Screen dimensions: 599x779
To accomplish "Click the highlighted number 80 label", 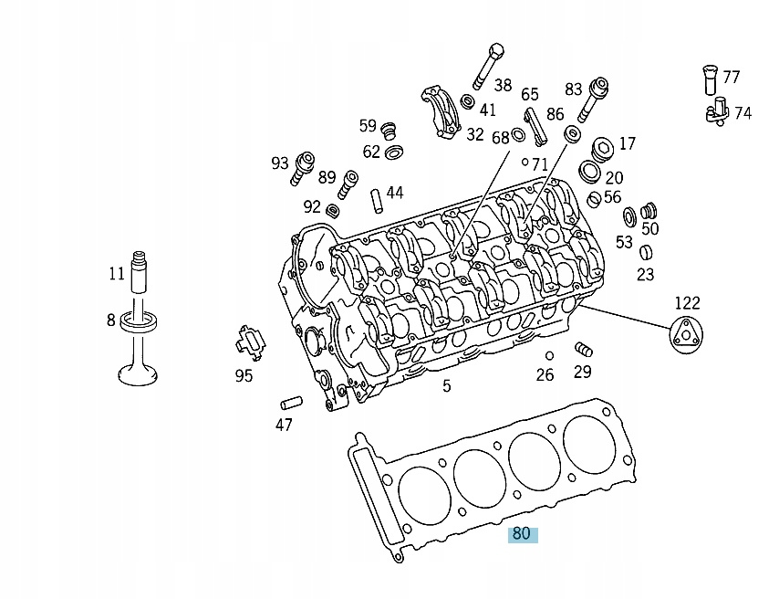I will click(x=523, y=534).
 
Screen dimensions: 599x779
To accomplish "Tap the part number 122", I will click(x=687, y=303).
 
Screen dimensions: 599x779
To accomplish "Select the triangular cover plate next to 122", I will click(x=685, y=336).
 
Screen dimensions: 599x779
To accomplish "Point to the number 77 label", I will click(x=731, y=78).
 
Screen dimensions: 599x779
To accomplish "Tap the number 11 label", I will click(x=116, y=273).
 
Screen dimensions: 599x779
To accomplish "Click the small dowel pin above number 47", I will click(x=290, y=401).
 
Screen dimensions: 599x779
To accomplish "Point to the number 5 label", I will click(x=446, y=386).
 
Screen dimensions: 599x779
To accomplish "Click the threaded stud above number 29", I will click(x=584, y=350).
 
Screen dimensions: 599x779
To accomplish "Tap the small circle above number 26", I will click(x=549, y=355).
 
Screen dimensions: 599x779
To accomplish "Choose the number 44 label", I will click(x=394, y=193).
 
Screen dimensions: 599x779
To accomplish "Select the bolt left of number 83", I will click(x=594, y=98).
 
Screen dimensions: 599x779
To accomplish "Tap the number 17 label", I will click(x=627, y=143).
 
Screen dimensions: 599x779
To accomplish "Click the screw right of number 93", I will click(x=304, y=168).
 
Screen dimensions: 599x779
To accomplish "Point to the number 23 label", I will click(x=645, y=274).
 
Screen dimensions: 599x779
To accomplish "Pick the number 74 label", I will click(x=743, y=113).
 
